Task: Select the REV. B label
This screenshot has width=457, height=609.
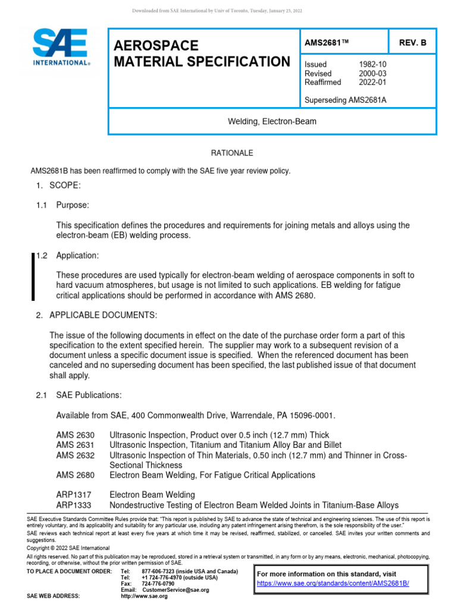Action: click(x=413, y=44)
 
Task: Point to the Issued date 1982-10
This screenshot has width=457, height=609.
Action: click(x=371, y=64)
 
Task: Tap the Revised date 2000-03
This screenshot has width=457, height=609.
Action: click(x=371, y=73)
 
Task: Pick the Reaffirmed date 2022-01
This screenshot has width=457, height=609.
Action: click(x=371, y=82)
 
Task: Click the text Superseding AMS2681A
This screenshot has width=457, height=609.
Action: click(x=345, y=99)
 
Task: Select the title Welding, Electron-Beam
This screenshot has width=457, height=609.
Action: click(x=273, y=121)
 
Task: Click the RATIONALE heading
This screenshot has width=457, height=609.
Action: click(x=228, y=153)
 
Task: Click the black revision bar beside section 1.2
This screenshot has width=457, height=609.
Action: click(x=33, y=276)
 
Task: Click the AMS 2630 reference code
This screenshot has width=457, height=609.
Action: click(x=74, y=435)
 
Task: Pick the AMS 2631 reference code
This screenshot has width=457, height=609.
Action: click(x=74, y=445)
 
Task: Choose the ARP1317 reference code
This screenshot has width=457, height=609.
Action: click(x=73, y=495)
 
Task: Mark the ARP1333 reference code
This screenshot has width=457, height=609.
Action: click(x=73, y=505)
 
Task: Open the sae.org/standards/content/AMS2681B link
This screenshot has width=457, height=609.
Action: click(x=341, y=583)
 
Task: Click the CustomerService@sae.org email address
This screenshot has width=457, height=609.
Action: click(x=175, y=590)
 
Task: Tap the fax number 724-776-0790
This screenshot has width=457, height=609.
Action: click(x=159, y=583)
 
